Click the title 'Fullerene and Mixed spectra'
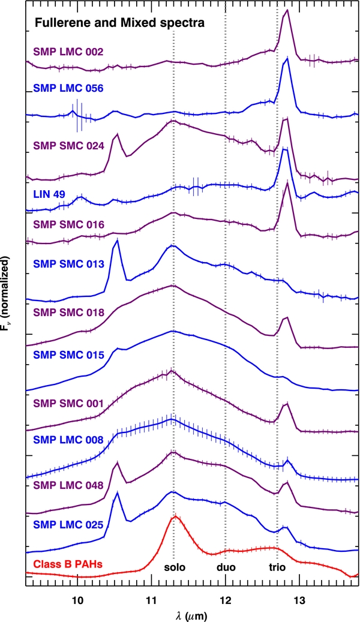[119, 23]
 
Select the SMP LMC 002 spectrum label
[68, 52]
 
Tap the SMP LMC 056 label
[68, 88]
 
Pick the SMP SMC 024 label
[68, 146]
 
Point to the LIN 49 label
[50, 194]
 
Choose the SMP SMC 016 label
[68, 225]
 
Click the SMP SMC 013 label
[68, 264]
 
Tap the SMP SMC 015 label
[68, 354]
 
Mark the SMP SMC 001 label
[68, 404]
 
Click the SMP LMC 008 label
[68, 440]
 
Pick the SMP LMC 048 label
[68, 485]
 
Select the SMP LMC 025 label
[68, 525]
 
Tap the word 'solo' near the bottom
[175, 567]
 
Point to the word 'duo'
[226, 567]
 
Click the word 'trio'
[277, 567]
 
